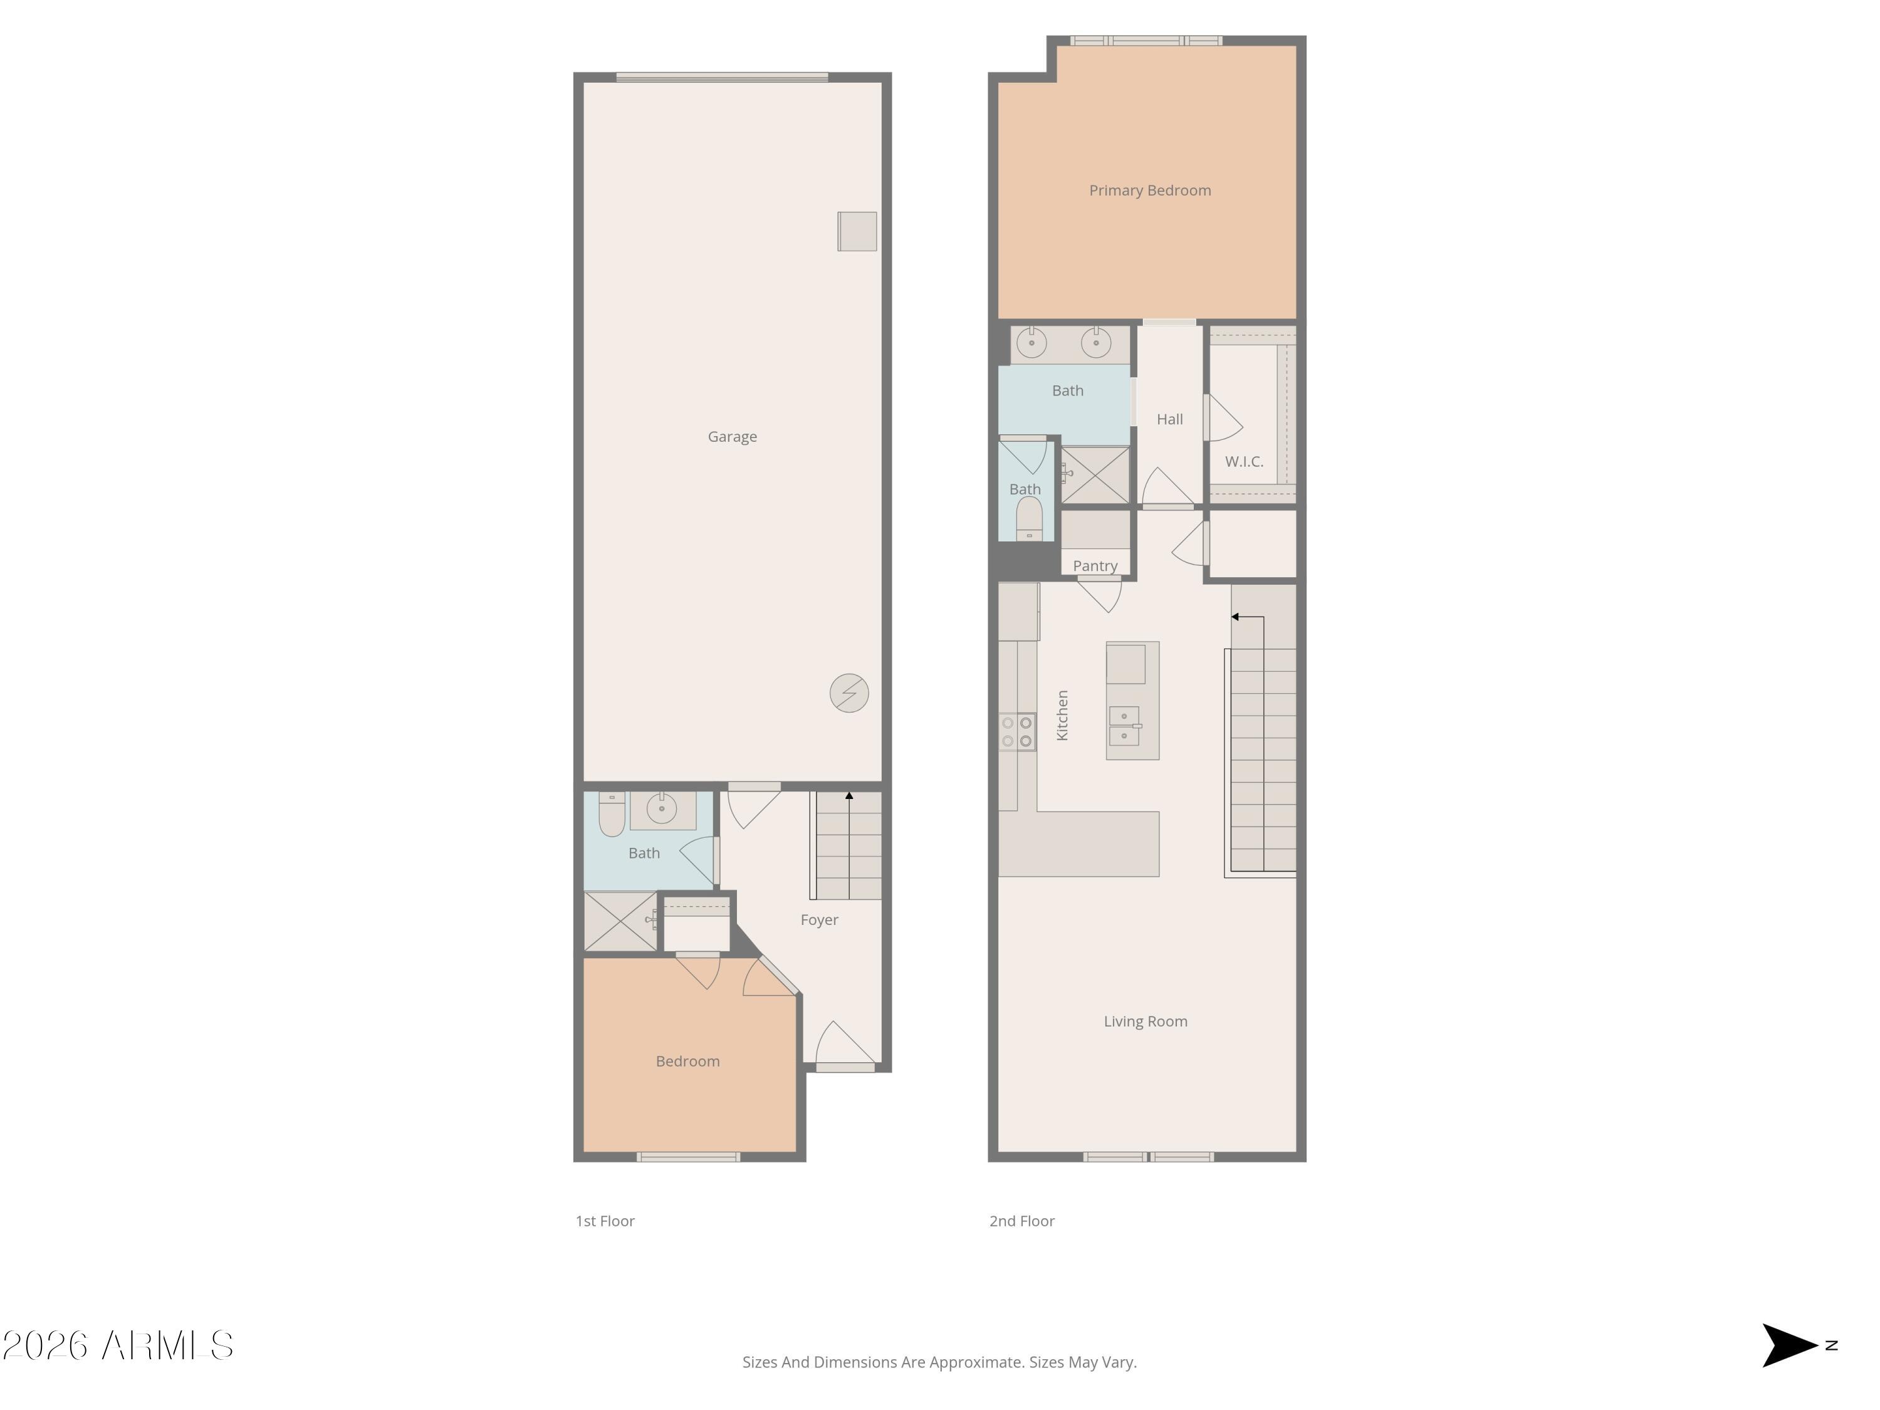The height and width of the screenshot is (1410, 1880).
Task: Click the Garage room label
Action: tap(732, 437)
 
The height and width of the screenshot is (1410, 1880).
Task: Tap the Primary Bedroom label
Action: tap(1149, 191)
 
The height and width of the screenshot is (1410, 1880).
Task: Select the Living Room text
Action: tap(1145, 1021)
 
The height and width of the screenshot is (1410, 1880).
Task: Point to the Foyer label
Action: tap(818, 919)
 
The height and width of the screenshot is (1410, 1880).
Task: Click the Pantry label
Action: tap(1095, 566)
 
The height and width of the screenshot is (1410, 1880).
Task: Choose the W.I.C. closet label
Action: tap(1243, 461)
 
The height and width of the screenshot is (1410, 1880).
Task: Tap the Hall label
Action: tap(1169, 419)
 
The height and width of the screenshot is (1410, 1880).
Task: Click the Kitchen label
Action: tap(1062, 715)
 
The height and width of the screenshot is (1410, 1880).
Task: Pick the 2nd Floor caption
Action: tap(1021, 1221)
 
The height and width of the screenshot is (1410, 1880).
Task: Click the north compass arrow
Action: tap(1789, 1345)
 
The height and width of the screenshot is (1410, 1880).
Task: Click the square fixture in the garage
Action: tap(857, 231)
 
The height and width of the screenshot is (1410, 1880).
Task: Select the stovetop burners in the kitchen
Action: tap(1016, 732)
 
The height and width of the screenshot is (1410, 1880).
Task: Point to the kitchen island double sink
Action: tap(1124, 725)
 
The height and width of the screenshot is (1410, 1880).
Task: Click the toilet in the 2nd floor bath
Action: tap(1029, 518)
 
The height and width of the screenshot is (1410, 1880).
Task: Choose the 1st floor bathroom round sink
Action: tap(661, 808)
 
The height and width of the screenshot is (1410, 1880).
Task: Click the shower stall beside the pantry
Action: tap(1095, 475)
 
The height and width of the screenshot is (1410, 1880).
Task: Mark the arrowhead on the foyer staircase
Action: tap(849, 795)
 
